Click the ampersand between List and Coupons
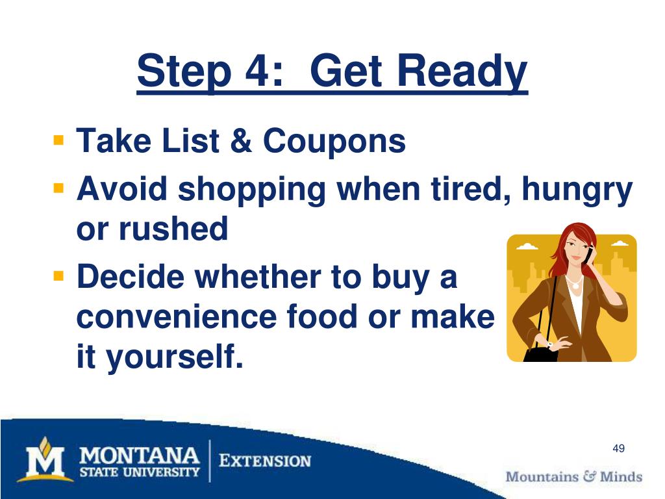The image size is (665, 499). pyautogui.click(x=241, y=141)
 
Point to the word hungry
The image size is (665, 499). pyautogui.click(x=577, y=190)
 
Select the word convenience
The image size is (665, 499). pyautogui.click(x=177, y=317)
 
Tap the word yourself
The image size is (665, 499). pyautogui.click(x=175, y=357)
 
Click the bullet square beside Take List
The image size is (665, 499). pyautogui.click(x=58, y=140)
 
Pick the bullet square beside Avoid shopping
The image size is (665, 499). pyautogui.click(x=58, y=188)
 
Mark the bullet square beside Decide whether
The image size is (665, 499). pyautogui.click(x=58, y=277)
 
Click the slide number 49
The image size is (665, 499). pyautogui.click(x=618, y=448)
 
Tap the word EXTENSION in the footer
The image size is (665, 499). pyautogui.click(x=265, y=461)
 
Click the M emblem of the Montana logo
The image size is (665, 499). pyautogui.click(x=45, y=460)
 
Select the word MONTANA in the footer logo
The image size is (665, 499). pyautogui.click(x=140, y=456)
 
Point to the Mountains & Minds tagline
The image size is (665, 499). pyautogui.click(x=574, y=476)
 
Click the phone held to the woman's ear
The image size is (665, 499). pyautogui.click(x=589, y=255)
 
